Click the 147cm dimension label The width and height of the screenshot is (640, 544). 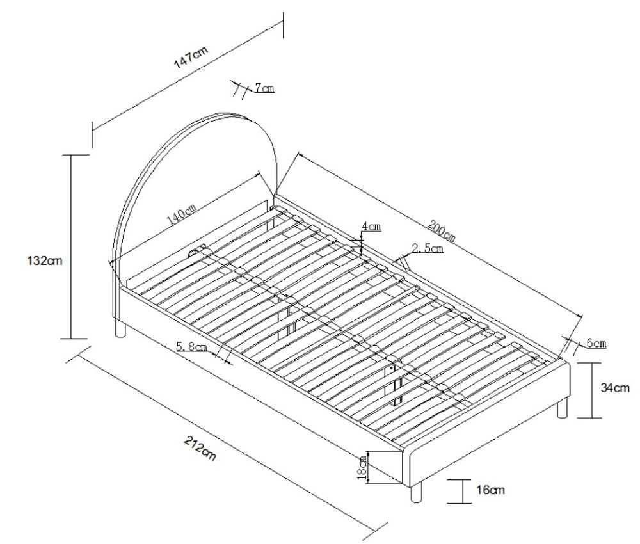coord(191,57)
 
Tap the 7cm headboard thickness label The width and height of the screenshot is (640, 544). coord(264,87)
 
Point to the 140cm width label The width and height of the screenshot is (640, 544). coord(181,215)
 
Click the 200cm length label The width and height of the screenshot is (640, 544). coord(441,231)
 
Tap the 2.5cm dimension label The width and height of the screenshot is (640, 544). coord(427,248)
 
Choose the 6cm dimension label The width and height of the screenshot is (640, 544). coord(596,344)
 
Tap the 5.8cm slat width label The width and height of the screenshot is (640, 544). coord(191,348)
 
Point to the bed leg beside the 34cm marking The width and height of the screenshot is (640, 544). coord(562,408)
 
